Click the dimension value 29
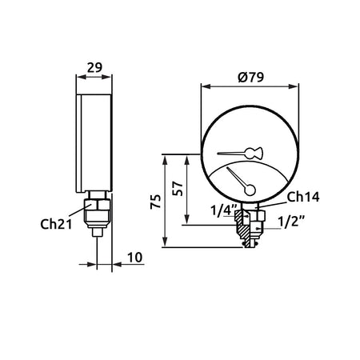[x=94, y=67]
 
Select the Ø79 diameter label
[x=250, y=77]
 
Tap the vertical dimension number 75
[x=156, y=202]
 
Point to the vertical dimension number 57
[x=178, y=189]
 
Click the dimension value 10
[x=134, y=258]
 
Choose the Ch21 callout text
[x=56, y=224]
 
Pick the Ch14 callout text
[x=303, y=197]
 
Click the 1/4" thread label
[x=224, y=210]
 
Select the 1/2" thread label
[x=291, y=222]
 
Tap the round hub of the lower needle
[x=250, y=190]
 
